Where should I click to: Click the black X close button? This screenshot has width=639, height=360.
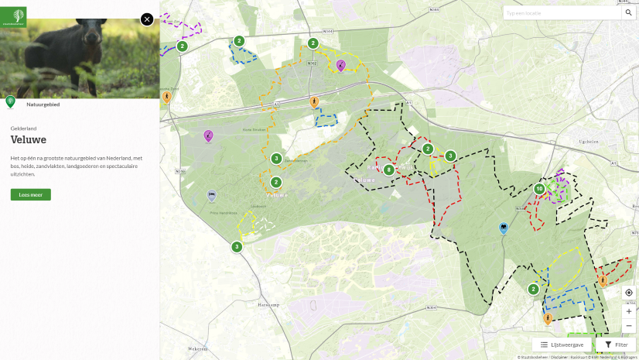[x=147, y=19]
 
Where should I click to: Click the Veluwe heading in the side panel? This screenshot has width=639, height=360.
[x=29, y=139]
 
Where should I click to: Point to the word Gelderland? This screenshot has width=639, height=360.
[x=23, y=128]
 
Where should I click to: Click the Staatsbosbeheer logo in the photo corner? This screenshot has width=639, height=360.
[x=15, y=13]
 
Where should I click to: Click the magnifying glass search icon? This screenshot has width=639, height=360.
[x=629, y=13]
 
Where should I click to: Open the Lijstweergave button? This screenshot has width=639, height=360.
[x=562, y=345]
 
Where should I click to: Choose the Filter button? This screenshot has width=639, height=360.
[x=616, y=345]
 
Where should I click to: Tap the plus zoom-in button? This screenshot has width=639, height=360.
[x=629, y=310]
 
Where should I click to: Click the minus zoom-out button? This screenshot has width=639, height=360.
[x=629, y=326]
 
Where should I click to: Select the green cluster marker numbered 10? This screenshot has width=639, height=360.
[x=539, y=189]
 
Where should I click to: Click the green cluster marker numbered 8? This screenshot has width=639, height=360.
[x=388, y=170]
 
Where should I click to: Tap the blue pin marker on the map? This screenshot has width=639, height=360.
[x=504, y=228]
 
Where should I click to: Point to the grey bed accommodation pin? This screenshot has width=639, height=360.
[x=212, y=196]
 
